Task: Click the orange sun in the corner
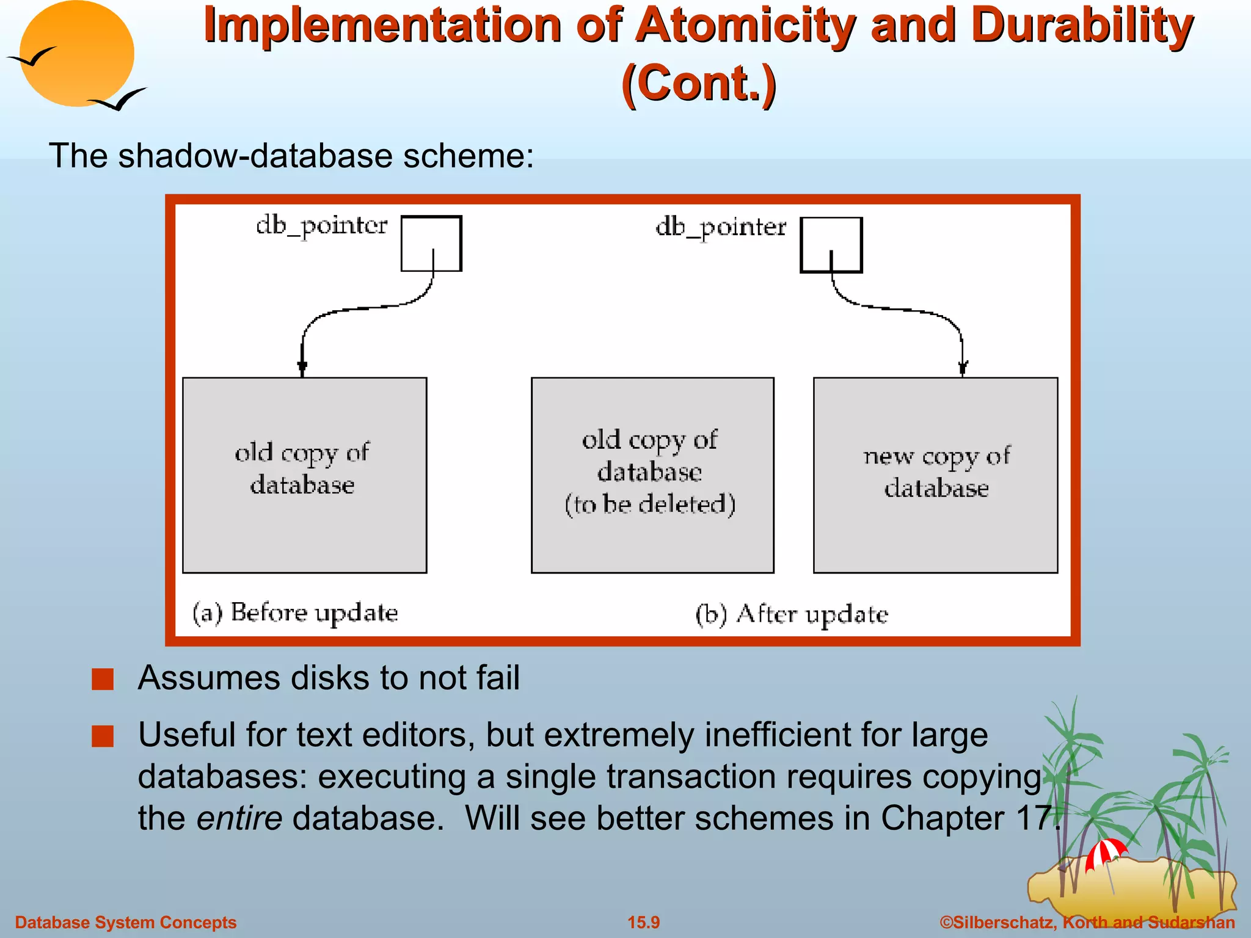click(76, 53)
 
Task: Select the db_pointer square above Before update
click(431, 243)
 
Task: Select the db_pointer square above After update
click(831, 245)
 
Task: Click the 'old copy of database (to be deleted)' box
click(652, 475)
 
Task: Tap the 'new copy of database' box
click(935, 475)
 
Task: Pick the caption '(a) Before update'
click(295, 613)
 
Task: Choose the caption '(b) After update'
click(792, 614)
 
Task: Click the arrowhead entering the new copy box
click(963, 368)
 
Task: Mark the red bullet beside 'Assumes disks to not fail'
click(103, 679)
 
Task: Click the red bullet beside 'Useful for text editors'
click(103, 736)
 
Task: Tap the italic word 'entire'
click(239, 818)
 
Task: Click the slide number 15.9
click(644, 922)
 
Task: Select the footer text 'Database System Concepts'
click(125, 922)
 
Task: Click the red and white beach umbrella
click(1106, 852)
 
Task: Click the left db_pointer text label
click(321, 226)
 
